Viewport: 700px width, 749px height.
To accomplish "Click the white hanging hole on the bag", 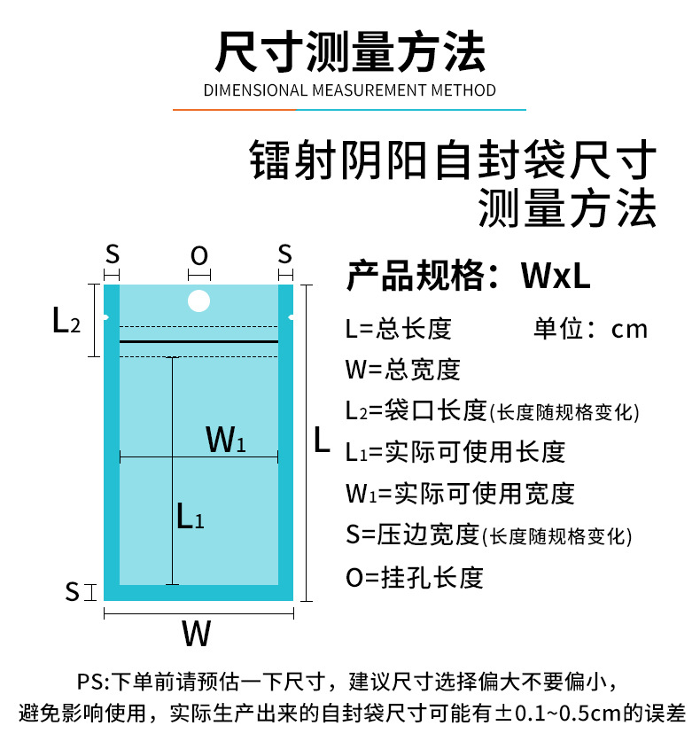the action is point(199,300).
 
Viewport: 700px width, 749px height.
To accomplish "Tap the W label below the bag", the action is point(197,634).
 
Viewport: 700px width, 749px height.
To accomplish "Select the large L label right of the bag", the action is point(323,440).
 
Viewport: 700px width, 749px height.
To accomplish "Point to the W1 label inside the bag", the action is point(225,439).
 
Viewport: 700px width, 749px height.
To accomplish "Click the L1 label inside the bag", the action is point(190,515).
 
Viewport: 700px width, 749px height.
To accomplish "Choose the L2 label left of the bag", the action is point(66,320).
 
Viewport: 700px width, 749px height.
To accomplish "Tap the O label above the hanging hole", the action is point(199,256).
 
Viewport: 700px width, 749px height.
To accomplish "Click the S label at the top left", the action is point(112,254).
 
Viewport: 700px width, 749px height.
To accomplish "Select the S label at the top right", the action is point(284,254).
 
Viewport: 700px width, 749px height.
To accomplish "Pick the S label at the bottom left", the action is point(73,591).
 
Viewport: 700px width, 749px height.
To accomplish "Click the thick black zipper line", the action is point(198,340).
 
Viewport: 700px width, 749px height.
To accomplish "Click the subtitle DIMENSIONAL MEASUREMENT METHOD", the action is point(350,90).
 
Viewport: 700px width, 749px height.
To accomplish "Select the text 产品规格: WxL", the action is point(468,277).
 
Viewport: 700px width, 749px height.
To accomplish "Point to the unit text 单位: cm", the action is point(590,329).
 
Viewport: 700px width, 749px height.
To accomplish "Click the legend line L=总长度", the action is point(399,329).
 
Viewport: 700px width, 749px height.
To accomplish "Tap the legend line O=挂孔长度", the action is point(415,578).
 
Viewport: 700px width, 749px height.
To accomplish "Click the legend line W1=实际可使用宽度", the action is point(460,493).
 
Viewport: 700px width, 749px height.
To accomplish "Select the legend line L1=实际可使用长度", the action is point(455,452).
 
